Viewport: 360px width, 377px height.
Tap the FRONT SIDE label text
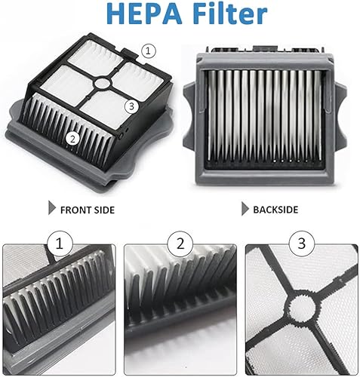[88, 210]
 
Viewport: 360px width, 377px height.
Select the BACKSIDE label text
[275, 210]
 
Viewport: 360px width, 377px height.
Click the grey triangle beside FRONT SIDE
[51, 207]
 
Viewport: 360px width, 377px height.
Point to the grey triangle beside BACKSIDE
[245, 208]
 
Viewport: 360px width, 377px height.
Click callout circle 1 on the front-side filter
[148, 51]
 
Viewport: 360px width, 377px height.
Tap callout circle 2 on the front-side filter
[73, 139]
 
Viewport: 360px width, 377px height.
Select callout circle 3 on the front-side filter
[131, 106]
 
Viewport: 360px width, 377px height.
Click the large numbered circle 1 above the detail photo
[60, 244]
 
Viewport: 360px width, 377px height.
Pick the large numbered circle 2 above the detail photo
[180, 244]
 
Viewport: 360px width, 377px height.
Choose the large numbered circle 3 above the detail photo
[302, 244]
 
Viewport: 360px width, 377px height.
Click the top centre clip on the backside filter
[265, 48]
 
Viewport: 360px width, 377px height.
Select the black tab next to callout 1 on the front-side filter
[131, 54]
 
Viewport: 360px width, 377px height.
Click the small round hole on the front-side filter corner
[121, 136]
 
